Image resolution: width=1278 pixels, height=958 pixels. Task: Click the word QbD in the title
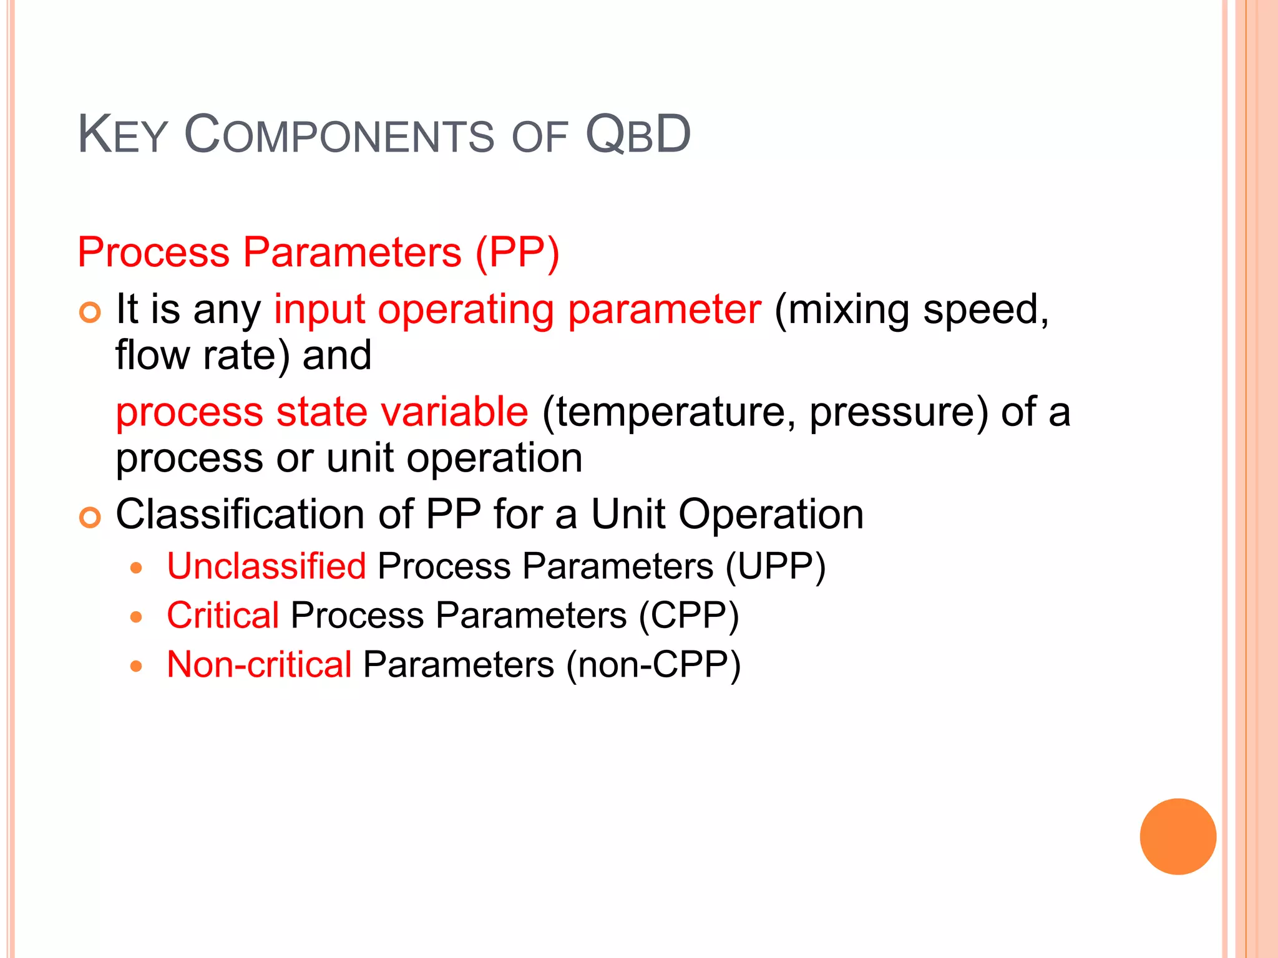click(x=638, y=135)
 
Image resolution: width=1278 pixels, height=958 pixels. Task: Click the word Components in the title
click(x=339, y=135)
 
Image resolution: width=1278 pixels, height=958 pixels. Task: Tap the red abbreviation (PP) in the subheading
click(x=517, y=253)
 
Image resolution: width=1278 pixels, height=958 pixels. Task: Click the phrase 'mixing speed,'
click(x=912, y=310)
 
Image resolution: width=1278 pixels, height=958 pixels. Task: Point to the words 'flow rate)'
click(x=203, y=356)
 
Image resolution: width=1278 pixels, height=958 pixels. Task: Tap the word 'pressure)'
click(x=899, y=412)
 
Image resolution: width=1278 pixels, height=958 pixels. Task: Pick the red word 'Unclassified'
click(x=266, y=566)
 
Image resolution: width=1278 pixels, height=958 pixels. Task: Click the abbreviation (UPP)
click(x=776, y=566)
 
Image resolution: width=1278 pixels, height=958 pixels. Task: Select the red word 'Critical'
click(x=223, y=616)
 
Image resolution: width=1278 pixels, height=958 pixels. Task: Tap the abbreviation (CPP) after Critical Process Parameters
click(x=689, y=616)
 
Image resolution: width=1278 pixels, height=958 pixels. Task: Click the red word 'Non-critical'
click(x=260, y=665)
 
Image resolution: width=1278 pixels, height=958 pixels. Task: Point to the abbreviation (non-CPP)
click(x=653, y=665)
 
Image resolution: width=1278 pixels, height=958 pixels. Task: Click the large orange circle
click(x=1178, y=836)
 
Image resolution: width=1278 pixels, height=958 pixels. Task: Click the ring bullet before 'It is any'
click(x=90, y=312)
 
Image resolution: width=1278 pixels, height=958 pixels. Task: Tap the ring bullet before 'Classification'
click(x=90, y=517)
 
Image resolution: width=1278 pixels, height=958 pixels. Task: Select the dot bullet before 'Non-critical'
click(x=137, y=667)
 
